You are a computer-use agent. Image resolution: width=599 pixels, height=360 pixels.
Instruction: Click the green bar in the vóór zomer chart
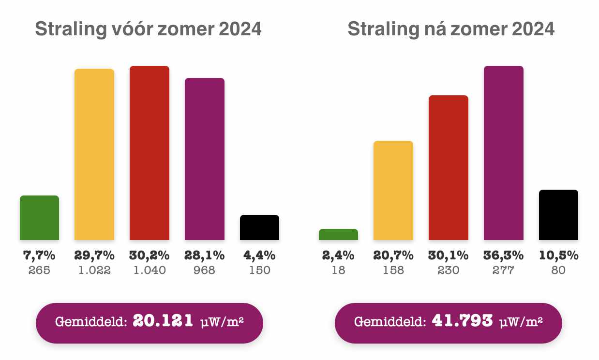click(39, 218)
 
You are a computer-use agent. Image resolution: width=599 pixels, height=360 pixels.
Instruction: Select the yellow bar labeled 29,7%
click(94, 154)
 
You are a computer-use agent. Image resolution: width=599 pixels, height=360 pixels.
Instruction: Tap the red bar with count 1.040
click(149, 153)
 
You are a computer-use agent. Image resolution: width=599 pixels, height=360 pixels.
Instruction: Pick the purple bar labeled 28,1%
click(204, 159)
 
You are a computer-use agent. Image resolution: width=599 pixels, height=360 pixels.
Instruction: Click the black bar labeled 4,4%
click(259, 227)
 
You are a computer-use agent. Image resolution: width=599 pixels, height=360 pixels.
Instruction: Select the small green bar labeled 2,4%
click(338, 235)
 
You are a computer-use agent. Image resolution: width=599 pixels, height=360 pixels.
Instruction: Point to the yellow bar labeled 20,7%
click(393, 190)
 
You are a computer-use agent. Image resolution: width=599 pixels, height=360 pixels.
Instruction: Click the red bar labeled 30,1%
click(449, 167)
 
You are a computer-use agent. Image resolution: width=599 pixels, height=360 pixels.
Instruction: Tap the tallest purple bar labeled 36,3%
click(504, 153)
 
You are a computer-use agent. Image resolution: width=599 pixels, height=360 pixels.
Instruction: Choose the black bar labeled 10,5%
click(558, 215)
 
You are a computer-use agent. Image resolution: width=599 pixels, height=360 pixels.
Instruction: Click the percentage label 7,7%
click(39, 255)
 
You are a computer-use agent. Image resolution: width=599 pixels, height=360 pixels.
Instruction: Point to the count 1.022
click(94, 270)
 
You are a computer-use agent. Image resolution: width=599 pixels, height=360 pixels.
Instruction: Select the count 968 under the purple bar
click(204, 270)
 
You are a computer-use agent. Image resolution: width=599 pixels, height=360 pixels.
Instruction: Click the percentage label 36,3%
click(504, 255)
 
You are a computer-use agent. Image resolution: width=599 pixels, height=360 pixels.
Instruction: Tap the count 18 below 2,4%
click(338, 270)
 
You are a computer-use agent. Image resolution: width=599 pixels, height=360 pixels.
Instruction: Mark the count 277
click(504, 270)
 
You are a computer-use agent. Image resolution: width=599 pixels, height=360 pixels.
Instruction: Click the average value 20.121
click(163, 321)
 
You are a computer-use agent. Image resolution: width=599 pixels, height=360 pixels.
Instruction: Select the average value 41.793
click(462, 321)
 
